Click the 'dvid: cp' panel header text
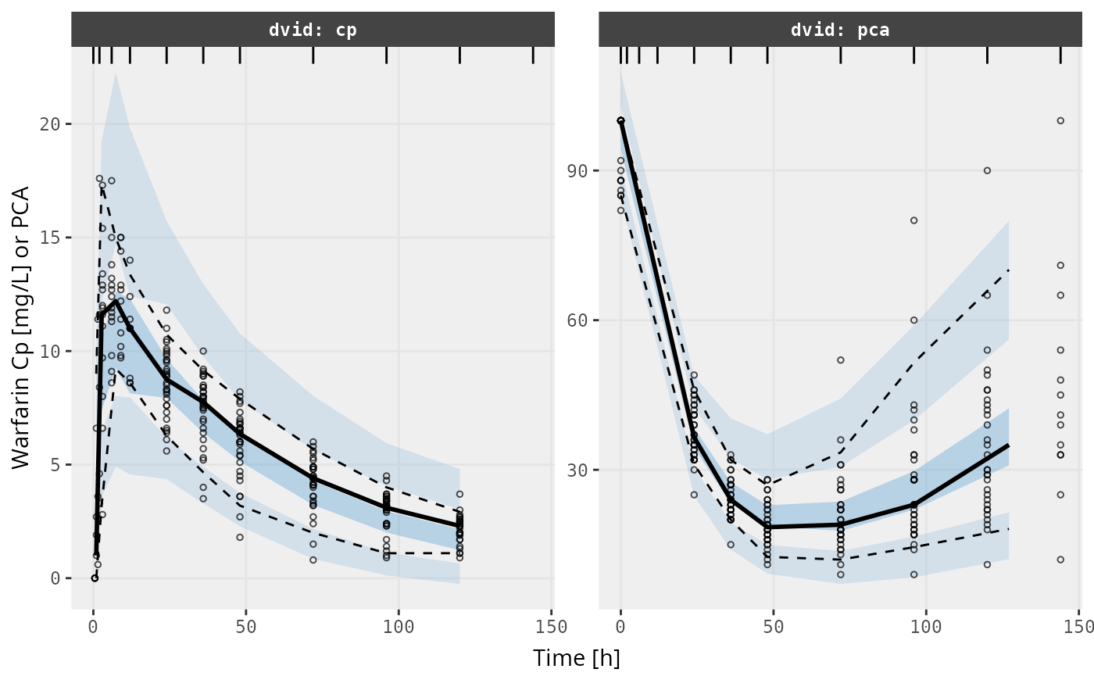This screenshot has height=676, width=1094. click(x=313, y=30)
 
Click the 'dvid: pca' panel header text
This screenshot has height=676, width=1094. click(x=840, y=30)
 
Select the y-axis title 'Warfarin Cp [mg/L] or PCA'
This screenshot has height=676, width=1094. click(x=21, y=327)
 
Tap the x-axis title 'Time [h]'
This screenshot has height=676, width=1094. click(x=576, y=658)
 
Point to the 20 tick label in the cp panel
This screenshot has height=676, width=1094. click(x=48, y=124)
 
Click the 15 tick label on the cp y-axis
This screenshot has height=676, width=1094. click(x=48, y=238)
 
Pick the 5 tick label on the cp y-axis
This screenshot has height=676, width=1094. click(x=53, y=465)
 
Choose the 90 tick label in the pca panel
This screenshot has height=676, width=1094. click(x=576, y=171)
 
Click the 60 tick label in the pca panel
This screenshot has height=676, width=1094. click(x=576, y=320)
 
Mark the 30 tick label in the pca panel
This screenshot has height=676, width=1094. click(x=576, y=470)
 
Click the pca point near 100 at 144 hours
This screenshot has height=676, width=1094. click(x=1060, y=120)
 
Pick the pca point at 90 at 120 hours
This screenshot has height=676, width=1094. click(x=987, y=170)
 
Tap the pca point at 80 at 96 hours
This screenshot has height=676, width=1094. click(x=913, y=220)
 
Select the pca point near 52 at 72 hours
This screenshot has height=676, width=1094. click(x=841, y=360)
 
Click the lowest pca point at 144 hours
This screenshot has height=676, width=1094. click(x=1060, y=560)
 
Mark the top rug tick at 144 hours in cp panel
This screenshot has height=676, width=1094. click(x=533, y=55)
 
